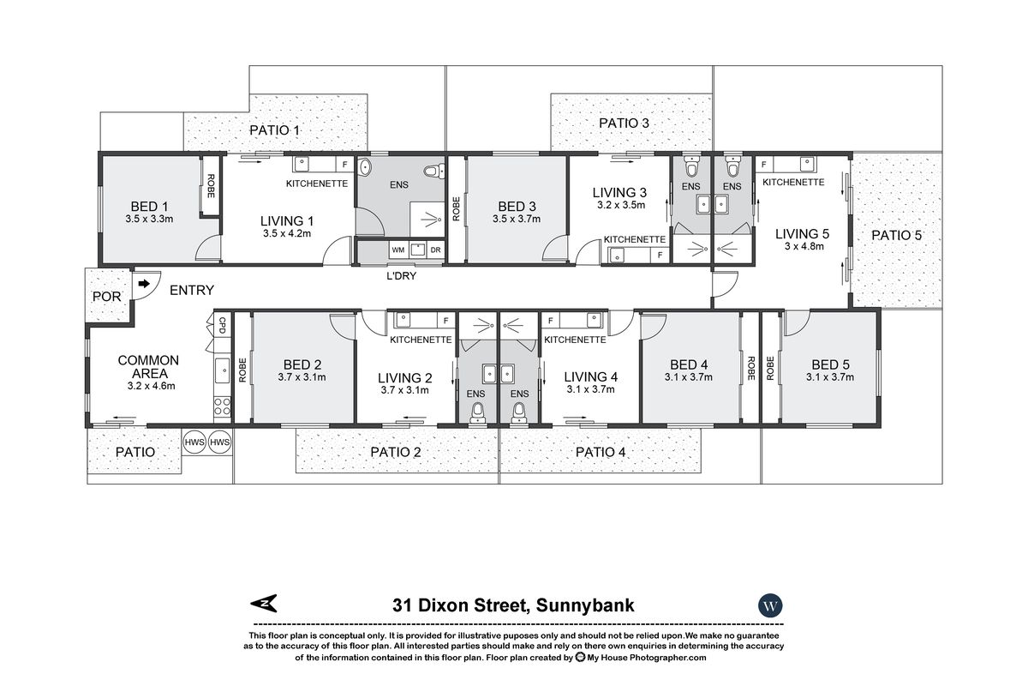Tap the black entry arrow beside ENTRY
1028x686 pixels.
tap(142, 283)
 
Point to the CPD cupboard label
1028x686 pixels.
tap(222, 326)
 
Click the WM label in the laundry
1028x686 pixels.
tap(397, 250)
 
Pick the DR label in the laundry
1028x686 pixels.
tap(435, 250)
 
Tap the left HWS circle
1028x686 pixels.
tap(194, 441)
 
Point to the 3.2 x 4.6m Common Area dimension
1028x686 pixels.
tap(147, 386)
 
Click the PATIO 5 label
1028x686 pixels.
tap(896, 235)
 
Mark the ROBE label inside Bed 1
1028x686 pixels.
tap(209, 186)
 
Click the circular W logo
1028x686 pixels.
tap(770, 605)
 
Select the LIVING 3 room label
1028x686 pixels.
tap(620, 193)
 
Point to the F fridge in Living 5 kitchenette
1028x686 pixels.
tap(762, 164)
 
